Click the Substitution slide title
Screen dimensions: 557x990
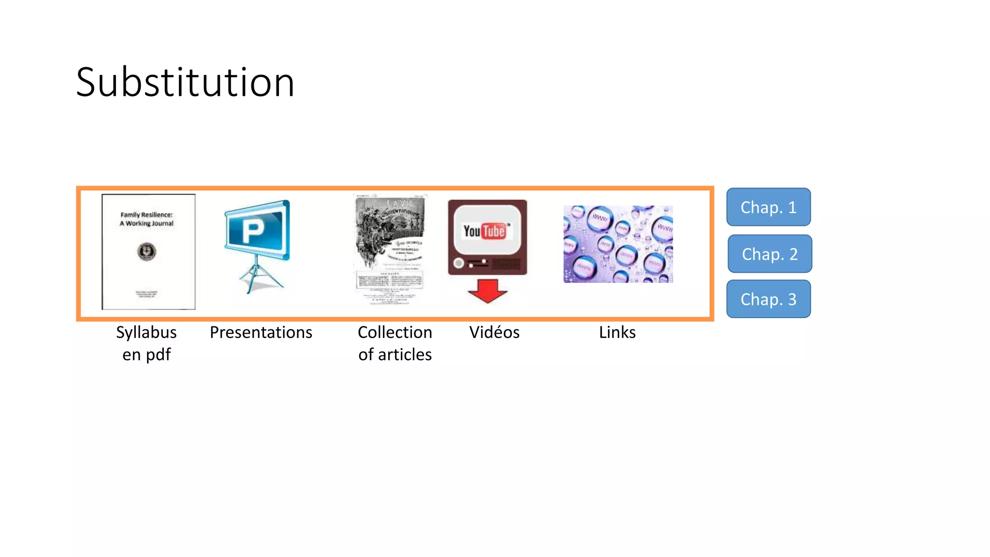185,82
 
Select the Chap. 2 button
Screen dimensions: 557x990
770,254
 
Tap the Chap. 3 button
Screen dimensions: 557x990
768,299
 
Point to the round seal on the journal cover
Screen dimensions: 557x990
146,251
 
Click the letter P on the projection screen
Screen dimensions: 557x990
253,231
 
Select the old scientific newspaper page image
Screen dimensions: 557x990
390,249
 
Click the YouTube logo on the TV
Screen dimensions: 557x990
485,231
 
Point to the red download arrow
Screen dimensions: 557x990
487,291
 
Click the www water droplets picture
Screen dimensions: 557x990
618,244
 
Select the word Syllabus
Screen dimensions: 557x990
146,333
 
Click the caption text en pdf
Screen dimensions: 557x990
146,355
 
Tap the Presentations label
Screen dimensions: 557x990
261,333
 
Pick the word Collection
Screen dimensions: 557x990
394,333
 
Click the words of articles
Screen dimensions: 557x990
394,355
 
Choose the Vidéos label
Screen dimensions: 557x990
494,333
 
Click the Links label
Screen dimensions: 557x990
617,333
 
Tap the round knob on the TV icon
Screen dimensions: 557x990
458,263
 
